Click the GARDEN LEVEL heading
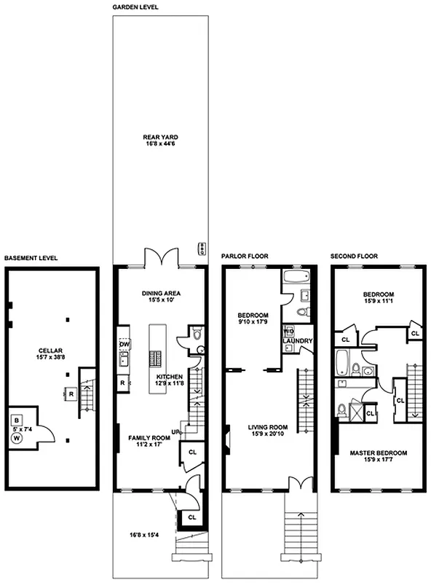click(x=136, y=7)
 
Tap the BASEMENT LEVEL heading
click(x=31, y=258)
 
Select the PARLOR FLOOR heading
click(x=245, y=257)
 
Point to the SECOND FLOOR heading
click(x=353, y=257)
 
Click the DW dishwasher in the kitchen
click(x=124, y=345)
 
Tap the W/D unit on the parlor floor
click(x=289, y=332)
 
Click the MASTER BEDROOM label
click(x=377, y=453)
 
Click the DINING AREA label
click(x=161, y=294)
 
